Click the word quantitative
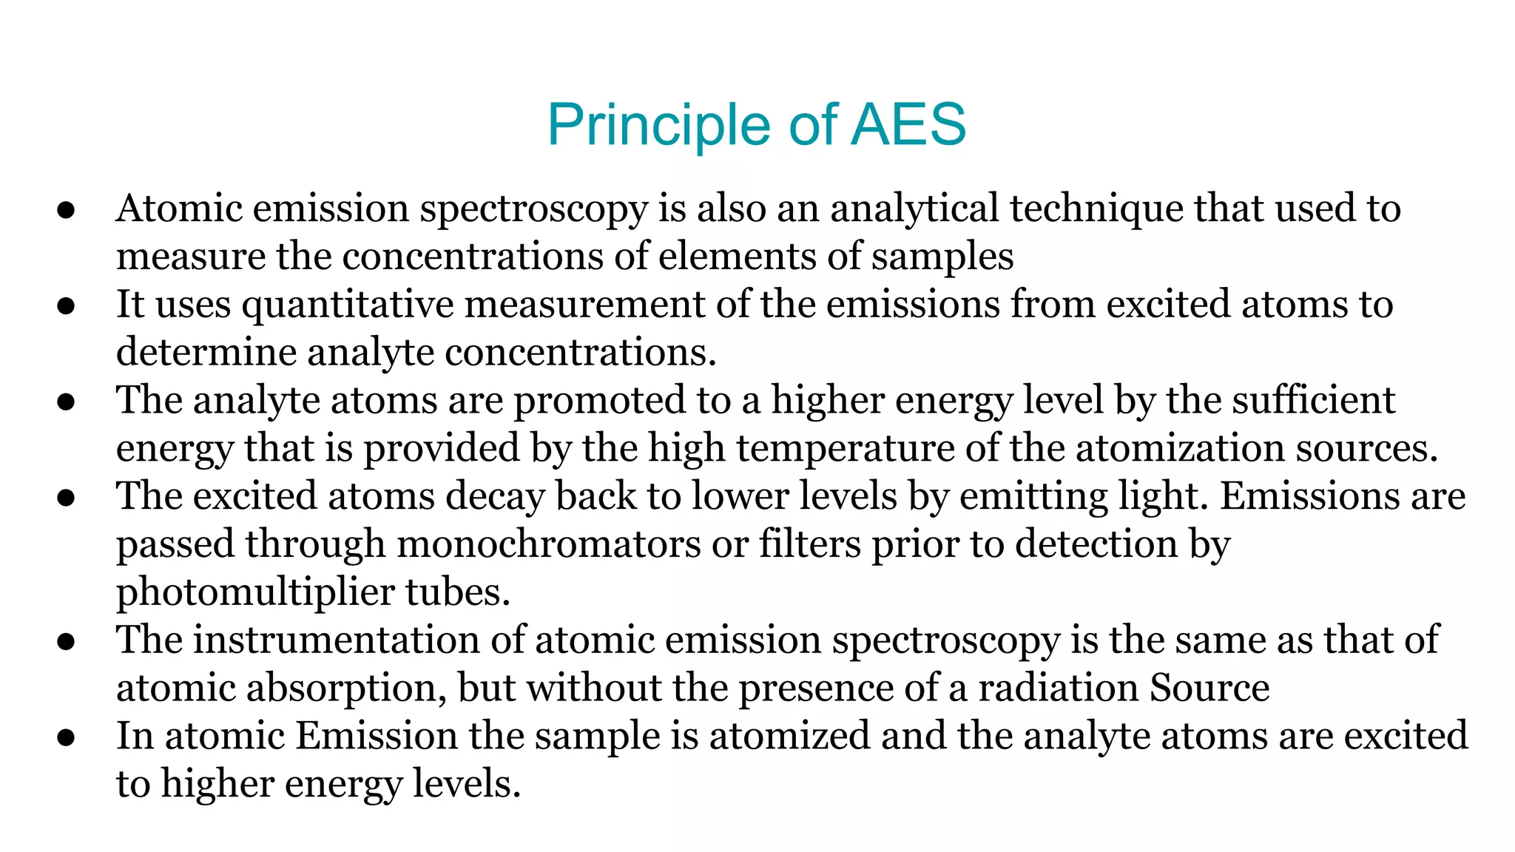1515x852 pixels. tap(348, 305)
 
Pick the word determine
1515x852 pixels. tap(206, 352)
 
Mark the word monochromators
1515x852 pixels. tap(548, 544)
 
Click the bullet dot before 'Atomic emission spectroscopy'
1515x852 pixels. tap(67, 210)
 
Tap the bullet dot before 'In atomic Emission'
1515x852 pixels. tap(67, 737)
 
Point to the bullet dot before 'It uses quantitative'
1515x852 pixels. tap(67, 306)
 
